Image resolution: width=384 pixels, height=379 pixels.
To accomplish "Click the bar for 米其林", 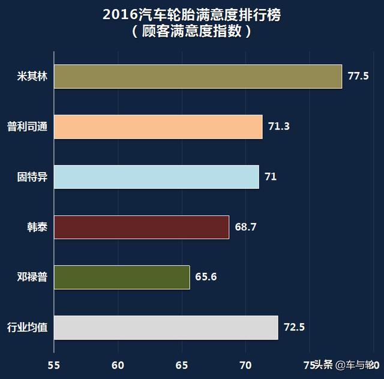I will coord(198,76).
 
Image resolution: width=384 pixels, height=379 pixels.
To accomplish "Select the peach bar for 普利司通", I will coord(158,127).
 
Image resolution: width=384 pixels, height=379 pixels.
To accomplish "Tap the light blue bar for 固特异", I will coord(157,177).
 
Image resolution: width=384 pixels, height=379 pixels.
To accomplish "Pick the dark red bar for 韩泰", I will coord(142,227).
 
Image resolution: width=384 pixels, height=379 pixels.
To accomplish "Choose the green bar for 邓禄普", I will coord(122,277).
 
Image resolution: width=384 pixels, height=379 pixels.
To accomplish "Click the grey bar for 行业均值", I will coord(166,327).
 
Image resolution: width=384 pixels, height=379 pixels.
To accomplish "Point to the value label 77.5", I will coord(358,76).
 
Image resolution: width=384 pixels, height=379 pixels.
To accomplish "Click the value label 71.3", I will coord(279,127).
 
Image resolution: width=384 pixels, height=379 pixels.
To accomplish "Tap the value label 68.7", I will coord(245,227).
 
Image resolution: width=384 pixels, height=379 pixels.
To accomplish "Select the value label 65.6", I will coord(206,277).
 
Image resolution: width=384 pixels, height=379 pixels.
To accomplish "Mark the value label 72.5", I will coord(295,327).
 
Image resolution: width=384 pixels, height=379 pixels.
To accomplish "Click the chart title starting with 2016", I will coord(191,15).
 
